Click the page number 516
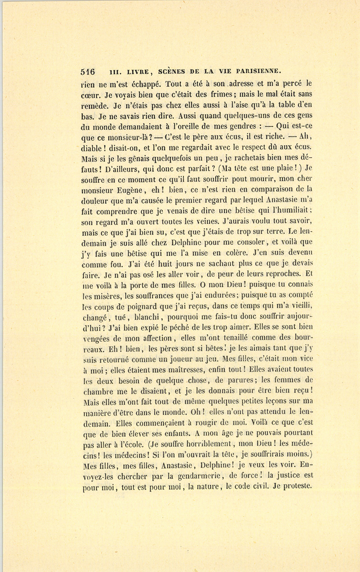tap(88, 72)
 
